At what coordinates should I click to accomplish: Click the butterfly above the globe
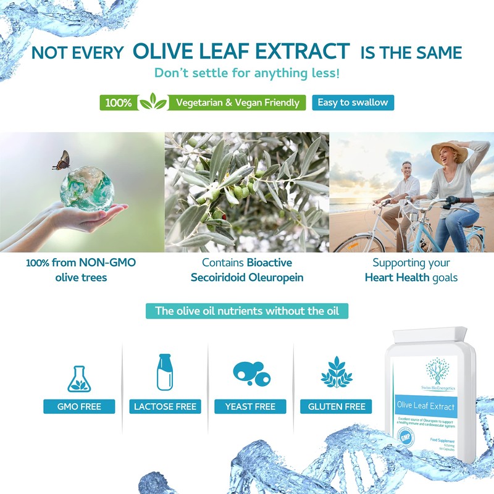click(62, 161)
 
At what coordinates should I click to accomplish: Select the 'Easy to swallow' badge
click(353, 102)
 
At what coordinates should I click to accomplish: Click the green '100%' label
click(118, 103)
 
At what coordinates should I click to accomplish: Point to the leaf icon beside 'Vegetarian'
click(153, 102)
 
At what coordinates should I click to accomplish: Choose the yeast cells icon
click(251, 374)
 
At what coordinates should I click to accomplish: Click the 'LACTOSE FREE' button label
click(165, 406)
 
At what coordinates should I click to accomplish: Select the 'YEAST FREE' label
click(250, 406)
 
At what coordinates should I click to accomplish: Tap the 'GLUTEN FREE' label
click(337, 406)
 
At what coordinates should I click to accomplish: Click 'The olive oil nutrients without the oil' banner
click(247, 311)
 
